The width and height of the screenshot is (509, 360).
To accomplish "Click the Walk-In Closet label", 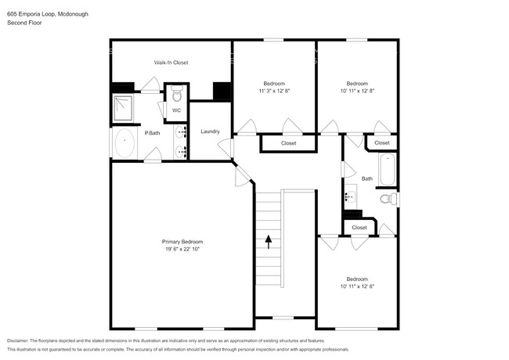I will (171, 63).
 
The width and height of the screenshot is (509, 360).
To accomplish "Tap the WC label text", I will (177, 110).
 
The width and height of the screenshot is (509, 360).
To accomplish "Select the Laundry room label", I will (210, 131).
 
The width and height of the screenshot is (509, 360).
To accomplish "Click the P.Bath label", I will (152, 134).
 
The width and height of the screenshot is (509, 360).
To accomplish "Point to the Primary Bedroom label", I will (182, 242).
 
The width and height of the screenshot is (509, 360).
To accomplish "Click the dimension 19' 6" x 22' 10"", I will (182, 250).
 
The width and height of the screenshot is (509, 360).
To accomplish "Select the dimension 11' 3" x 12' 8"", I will (274, 91).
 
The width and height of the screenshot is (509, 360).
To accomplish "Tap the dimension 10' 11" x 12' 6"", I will (357, 286).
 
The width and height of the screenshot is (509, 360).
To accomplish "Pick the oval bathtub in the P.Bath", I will (125, 144).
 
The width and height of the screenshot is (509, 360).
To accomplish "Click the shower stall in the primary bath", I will (122, 109).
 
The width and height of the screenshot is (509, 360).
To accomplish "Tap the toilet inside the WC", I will (177, 96).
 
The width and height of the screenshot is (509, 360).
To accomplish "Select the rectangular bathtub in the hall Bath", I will (388, 170).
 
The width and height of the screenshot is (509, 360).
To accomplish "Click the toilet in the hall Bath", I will (387, 200).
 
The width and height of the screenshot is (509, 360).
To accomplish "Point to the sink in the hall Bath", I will (350, 196).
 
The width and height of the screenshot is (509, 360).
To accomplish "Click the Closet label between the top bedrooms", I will (288, 143).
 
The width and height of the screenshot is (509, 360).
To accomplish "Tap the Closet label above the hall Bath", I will (381, 143).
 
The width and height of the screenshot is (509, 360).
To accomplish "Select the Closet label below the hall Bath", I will (359, 228).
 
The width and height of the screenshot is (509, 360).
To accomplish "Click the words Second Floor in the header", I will (23, 23).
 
